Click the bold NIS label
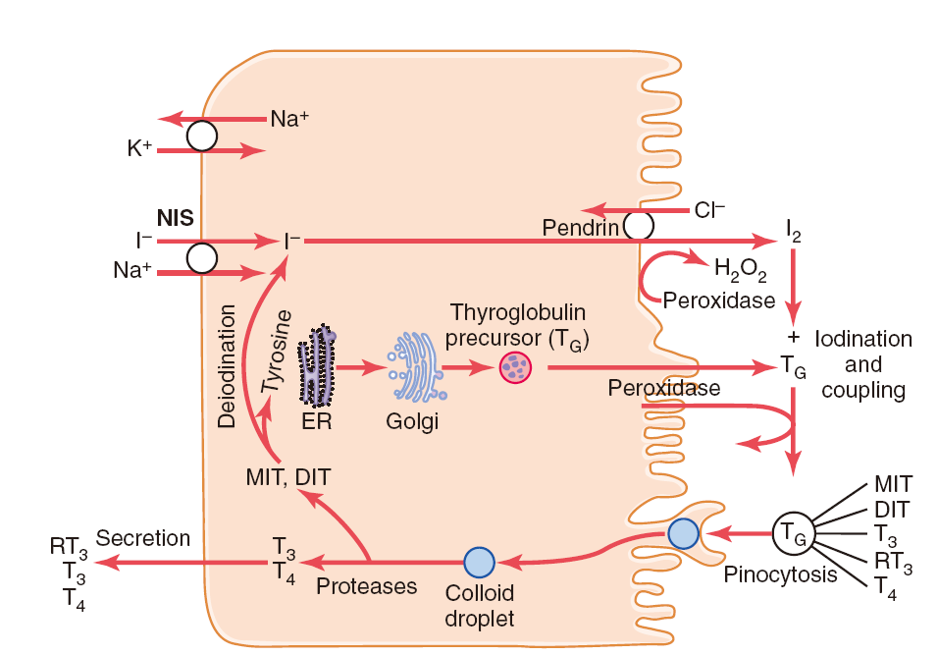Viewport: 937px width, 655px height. tap(175, 218)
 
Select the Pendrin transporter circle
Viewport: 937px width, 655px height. tap(638, 226)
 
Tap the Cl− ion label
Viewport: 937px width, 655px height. tap(709, 210)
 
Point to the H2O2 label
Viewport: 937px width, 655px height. tap(741, 269)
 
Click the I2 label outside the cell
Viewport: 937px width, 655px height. tap(793, 231)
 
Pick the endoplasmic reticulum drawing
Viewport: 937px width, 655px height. tap(316, 365)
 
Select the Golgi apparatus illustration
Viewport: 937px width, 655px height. tap(416, 366)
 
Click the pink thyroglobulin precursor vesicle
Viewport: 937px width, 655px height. tap(515, 367)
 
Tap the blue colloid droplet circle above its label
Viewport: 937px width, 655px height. tap(479, 563)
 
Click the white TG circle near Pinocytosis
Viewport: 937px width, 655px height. tap(793, 532)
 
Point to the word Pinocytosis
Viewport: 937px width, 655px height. tap(780, 574)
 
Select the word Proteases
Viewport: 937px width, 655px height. tap(366, 586)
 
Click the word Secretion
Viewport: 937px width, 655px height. tap(143, 538)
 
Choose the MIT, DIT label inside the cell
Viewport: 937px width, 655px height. tap(288, 477)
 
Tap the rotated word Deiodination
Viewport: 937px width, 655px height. tap(227, 366)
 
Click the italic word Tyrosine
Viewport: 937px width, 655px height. tap(276, 352)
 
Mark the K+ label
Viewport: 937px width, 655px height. tap(139, 147)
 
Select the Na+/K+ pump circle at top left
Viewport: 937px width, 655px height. tap(201, 136)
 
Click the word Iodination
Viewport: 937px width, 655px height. tap(863, 339)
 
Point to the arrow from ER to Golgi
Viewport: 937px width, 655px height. tap(361, 367)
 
